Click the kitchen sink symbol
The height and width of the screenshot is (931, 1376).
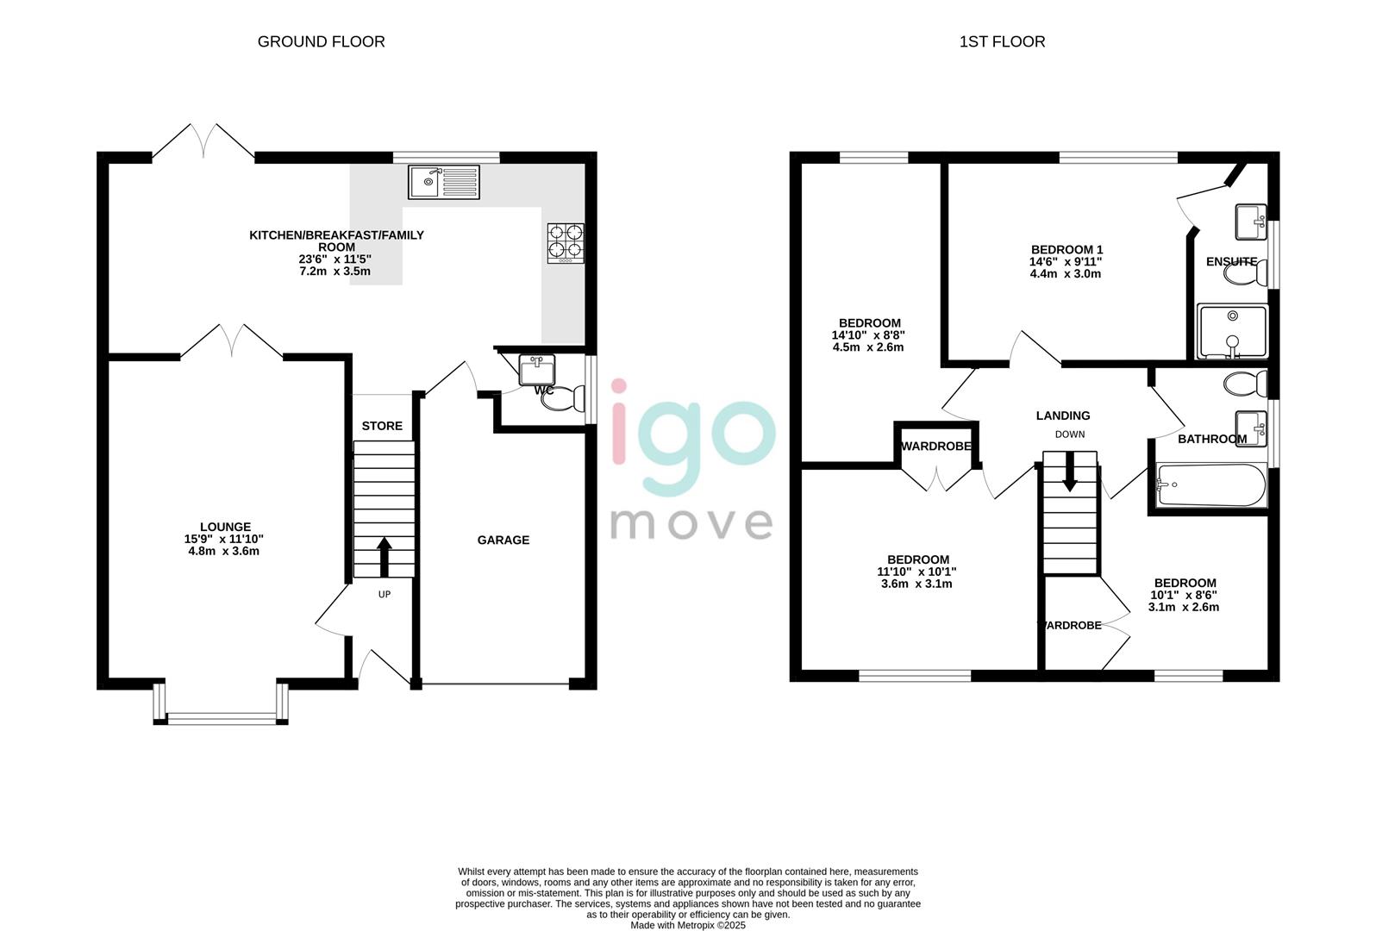tap(445, 182)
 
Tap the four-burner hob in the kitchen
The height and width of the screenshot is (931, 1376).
tap(566, 242)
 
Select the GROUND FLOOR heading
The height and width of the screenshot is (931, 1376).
tap(321, 41)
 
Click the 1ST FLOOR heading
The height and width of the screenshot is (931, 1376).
tap(1002, 41)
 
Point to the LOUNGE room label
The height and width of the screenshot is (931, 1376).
tap(225, 527)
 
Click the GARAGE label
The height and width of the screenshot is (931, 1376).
tap(503, 540)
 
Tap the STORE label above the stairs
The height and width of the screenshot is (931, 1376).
tap(382, 426)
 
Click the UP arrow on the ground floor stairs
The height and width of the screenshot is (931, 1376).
tap(384, 557)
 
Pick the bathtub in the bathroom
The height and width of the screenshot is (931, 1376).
tap(1210, 485)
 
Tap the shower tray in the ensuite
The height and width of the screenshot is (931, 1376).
tap(1232, 331)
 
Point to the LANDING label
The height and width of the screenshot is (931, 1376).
tap(1063, 416)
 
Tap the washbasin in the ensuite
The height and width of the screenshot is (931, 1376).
tap(1249, 222)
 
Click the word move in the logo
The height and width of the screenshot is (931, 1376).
tap(691, 522)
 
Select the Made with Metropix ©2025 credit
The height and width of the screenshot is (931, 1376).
tap(688, 925)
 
